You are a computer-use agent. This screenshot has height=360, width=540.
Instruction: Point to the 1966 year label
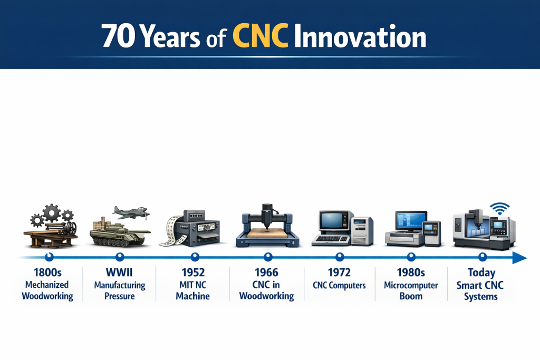coord(267,273)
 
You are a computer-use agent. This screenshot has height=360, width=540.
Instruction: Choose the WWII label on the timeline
coord(120,273)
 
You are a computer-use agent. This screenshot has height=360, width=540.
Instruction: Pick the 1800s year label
coord(47,273)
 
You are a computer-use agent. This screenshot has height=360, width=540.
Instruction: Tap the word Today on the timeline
coord(481,273)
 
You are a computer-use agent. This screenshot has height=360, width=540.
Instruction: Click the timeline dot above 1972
coord(340,257)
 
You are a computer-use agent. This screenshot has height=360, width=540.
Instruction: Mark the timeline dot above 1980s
coord(411,257)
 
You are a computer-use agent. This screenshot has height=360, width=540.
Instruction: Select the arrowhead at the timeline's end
coord(520,258)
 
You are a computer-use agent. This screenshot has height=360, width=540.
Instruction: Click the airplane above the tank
coord(131,212)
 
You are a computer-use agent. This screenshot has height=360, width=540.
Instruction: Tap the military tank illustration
coord(117,232)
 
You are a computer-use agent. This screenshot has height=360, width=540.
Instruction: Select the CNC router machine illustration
coord(268,227)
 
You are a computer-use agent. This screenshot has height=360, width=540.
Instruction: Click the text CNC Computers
coord(339,285)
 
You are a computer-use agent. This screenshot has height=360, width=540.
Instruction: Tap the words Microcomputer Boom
coord(411,290)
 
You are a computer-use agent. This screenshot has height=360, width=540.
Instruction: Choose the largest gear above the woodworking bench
coord(53,212)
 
